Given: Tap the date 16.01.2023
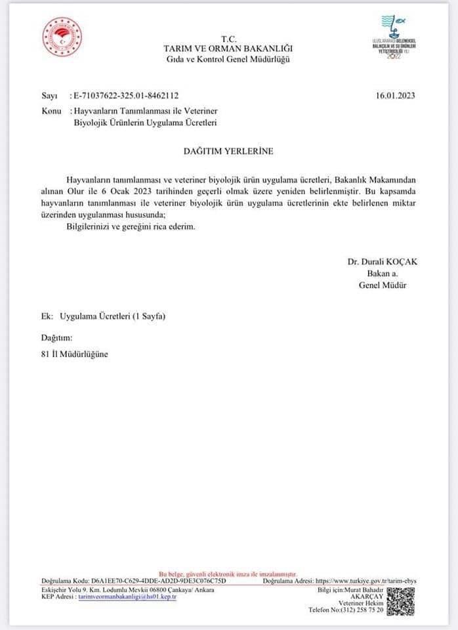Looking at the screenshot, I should click(x=396, y=95).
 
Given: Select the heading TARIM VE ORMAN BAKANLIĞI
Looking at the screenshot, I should click(x=228, y=49).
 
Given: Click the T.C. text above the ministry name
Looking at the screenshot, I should click(x=228, y=39).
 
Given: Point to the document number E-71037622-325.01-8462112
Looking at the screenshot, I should click(x=126, y=95).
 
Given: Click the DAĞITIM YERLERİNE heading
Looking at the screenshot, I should click(x=228, y=151).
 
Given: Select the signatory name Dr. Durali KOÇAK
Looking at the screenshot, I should click(x=383, y=261).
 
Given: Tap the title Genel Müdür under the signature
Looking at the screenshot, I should click(x=383, y=285).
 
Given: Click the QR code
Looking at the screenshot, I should click(x=400, y=601).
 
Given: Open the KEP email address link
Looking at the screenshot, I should click(x=127, y=597).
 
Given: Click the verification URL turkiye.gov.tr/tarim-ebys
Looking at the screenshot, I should click(x=366, y=581).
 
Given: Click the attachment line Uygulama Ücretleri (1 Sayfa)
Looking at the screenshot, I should click(x=112, y=317).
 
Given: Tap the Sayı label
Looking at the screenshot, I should click(x=49, y=95).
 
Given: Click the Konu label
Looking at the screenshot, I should click(x=51, y=112).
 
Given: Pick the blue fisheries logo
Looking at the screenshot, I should click(x=394, y=38).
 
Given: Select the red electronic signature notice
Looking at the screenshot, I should click(x=228, y=574).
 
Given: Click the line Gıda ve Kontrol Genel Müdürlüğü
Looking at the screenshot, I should click(x=228, y=59).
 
